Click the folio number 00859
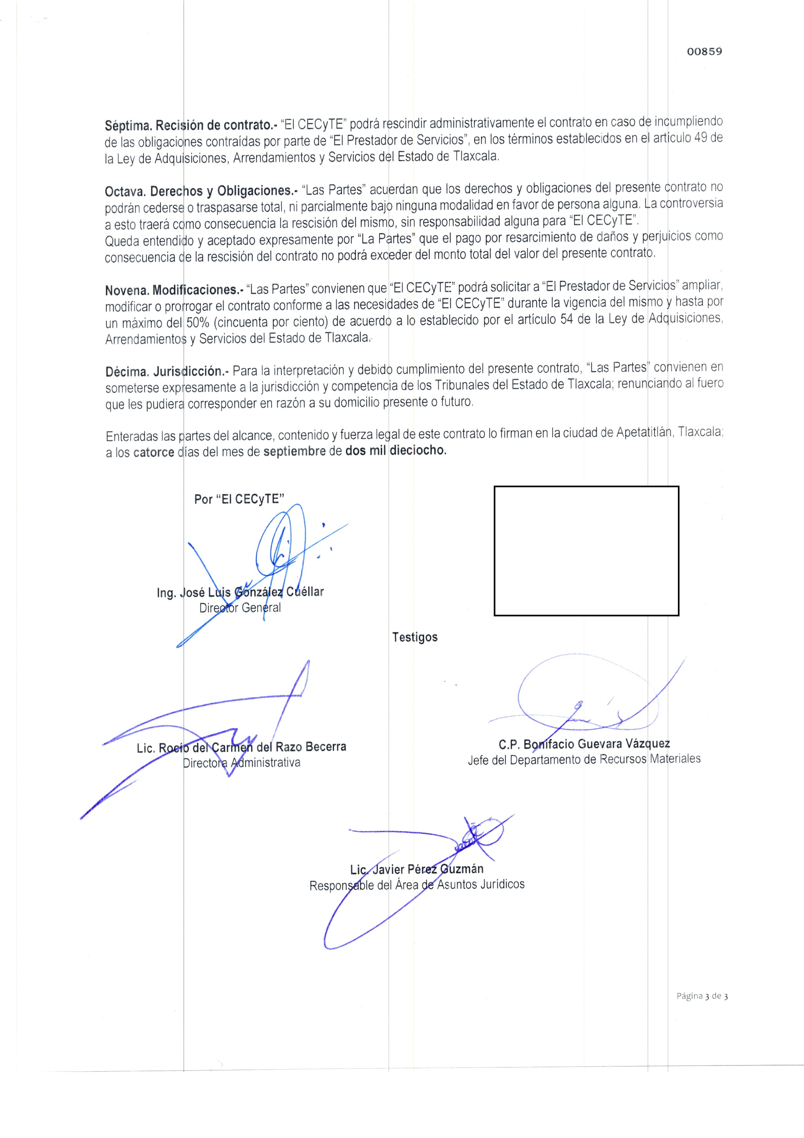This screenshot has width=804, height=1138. click(x=704, y=52)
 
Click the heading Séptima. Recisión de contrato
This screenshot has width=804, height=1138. click(x=191, y=125)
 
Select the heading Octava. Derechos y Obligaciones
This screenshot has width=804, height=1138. click(x=201, y=191)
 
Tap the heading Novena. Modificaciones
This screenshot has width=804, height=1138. click(x=174, y=289)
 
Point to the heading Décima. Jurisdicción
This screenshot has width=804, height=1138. click(x=167, y=371)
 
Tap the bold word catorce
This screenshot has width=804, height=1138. click(x=154, y=453)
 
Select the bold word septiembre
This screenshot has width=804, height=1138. click(x=294, y=452)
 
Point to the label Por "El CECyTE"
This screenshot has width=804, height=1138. click(x=239, y=499)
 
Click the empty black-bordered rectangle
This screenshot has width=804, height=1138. click(x=586, y=551)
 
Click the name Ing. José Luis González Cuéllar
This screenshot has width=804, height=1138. click(x=240, y=592)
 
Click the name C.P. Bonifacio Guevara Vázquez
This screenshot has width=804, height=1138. click(x=584, y=744)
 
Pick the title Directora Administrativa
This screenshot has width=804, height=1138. click(x=241, y=762)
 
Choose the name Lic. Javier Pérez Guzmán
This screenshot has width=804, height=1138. click(x=417, y=869)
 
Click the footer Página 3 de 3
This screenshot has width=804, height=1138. click(x=702, y=996)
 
